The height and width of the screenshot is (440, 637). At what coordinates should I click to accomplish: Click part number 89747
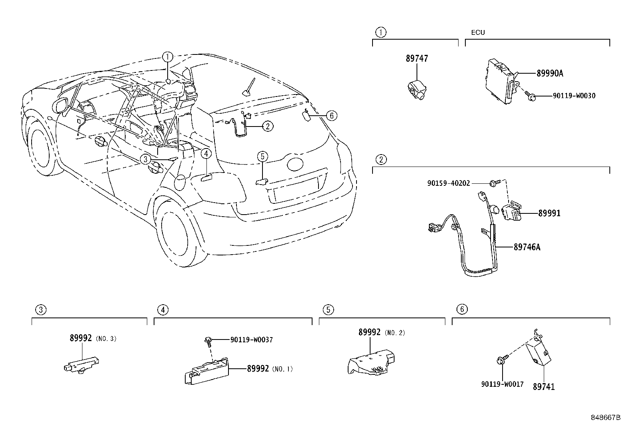coord(417,58)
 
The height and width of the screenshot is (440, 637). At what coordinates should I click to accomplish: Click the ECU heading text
coord(478,32)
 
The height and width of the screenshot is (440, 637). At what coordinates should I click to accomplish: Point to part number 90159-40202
coord(449,183)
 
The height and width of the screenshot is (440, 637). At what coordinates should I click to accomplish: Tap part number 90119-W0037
coord(251,340)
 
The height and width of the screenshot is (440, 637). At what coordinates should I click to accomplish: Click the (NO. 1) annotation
coord(282,369)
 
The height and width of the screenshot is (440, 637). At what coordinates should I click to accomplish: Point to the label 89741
coord(543,387)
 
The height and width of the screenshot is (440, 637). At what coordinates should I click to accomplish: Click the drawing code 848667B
coord(606,418)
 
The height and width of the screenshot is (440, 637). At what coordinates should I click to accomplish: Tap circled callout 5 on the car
coord(262,157)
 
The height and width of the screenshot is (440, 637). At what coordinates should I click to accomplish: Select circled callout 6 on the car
coord(331,116)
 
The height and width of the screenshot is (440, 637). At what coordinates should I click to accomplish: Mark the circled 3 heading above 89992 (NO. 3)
coord(40,309)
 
